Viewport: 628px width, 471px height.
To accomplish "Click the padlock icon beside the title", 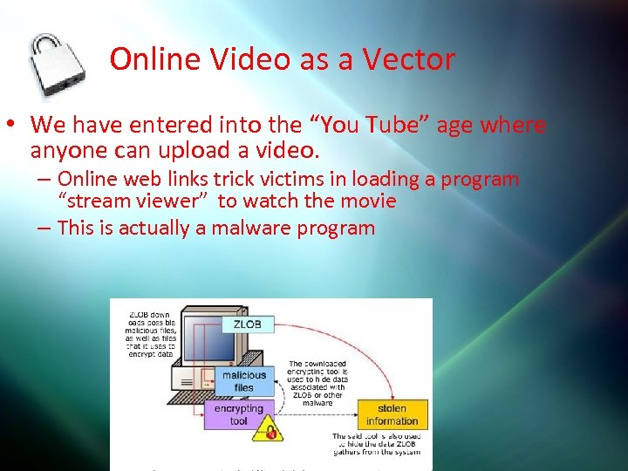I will [59, 67].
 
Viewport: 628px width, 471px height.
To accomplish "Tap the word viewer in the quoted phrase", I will [171, 201].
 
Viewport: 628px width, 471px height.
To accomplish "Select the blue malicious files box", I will [243, 381].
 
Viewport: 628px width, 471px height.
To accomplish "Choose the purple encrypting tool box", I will [238, 414].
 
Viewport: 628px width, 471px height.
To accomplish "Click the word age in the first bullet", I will [454, 125].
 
